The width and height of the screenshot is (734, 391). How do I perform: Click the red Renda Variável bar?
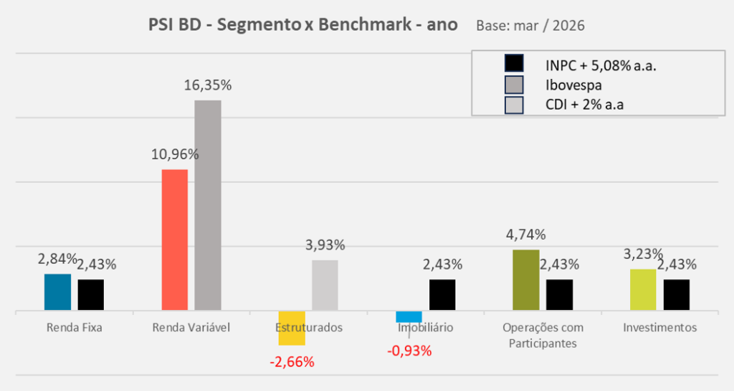pos(175,240)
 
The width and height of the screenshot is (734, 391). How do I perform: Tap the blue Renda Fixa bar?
pos(57,293)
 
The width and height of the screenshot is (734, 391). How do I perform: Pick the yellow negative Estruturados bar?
pos(292,328)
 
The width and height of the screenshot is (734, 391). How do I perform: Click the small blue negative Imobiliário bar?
pos(409,317)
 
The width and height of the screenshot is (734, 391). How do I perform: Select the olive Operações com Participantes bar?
pos(526,281)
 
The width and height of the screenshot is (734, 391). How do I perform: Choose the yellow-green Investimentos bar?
pos(643,290)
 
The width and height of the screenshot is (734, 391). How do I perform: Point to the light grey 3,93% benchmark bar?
pos(325,286)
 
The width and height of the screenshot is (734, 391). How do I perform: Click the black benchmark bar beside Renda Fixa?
pos(91,295)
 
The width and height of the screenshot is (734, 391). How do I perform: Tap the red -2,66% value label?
pos(292,362)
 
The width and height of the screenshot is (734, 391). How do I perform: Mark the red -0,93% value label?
pos(409,351)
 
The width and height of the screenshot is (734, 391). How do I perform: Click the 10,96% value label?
pos(175,154)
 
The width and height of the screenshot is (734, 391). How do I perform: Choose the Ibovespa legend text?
pos(573,85)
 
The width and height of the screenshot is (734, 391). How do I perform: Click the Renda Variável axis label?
pos(191,328)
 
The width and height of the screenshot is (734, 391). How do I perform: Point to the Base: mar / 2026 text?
pos(530,26)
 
